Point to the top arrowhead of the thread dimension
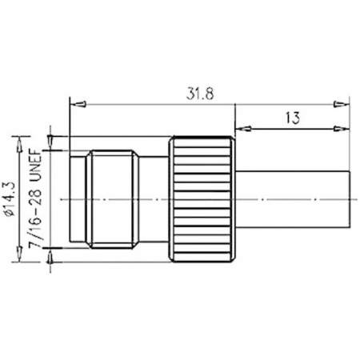pos(52,144)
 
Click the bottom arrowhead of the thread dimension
pos(52,254)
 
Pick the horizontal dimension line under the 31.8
pos(160,103)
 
